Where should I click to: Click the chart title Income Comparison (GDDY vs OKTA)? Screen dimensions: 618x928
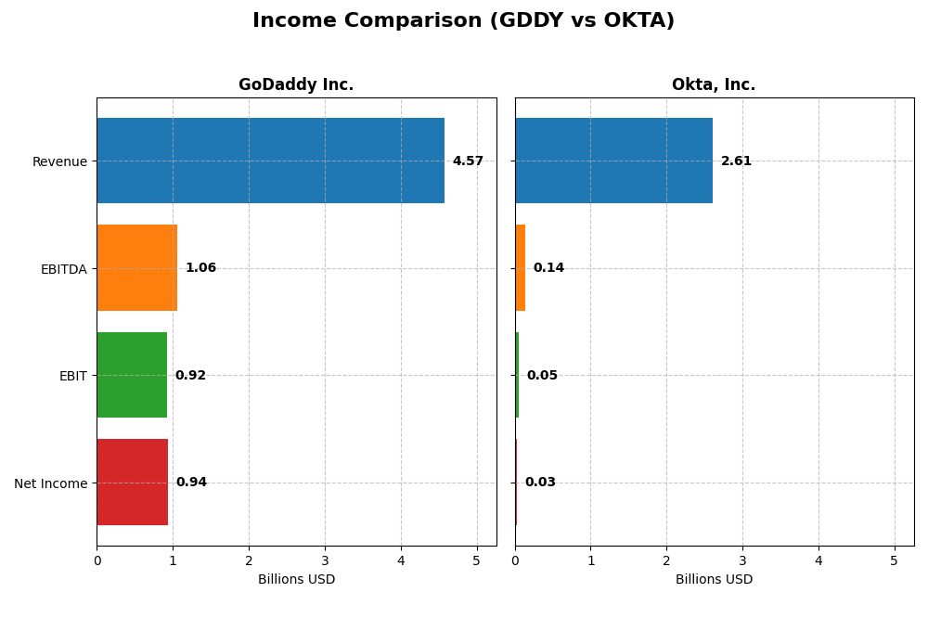(463, 20)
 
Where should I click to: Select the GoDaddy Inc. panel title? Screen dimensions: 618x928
(296, 85)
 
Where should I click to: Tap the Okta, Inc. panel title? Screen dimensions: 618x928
(714, 85)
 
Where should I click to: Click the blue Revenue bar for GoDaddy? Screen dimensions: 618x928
(270, 161)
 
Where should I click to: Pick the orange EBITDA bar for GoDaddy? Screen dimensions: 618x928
(136, 268)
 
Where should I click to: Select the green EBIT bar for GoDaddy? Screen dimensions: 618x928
(132, 375)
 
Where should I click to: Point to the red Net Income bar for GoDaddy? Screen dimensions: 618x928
(133, 483)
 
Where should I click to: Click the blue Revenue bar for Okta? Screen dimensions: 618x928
(613, 161)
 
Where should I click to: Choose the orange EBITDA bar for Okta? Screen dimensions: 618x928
(521, 268)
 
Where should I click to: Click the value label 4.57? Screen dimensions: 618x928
(468, 161)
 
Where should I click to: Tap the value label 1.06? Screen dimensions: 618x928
(200, 268)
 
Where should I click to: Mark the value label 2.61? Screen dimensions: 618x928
(736, 161)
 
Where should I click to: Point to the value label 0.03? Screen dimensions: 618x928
(540, 483)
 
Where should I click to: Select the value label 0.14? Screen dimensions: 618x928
(548, 268)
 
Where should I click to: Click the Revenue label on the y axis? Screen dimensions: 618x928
(59, 161)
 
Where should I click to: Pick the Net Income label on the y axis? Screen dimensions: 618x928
(50, 483)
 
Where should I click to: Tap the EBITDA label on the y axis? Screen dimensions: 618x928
(63, 269)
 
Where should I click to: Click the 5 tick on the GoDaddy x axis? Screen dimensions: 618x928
(476, 560)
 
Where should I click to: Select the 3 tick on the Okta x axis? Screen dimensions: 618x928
(742, 560)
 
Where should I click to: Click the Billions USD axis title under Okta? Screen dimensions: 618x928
(714, 580)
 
